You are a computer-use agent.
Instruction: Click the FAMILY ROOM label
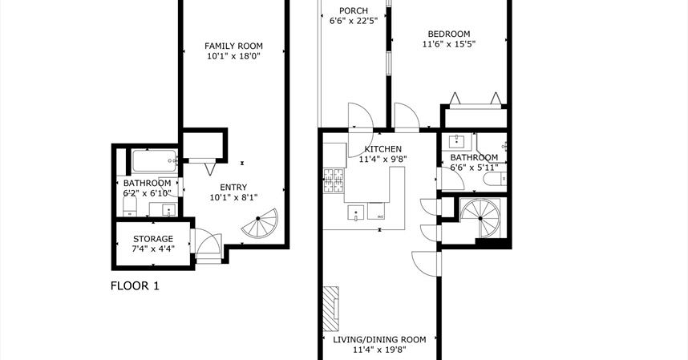(x=233, y=46)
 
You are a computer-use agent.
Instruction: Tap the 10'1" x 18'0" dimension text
(x=234, y=56)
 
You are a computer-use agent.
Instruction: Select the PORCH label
(x=354, y=10)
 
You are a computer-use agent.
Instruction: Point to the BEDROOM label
(x=449, y=34)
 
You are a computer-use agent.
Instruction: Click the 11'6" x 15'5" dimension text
(x=449, y=44)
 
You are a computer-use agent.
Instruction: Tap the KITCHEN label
(x=382, y=149)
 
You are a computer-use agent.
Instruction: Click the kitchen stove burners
(x=334, y=180)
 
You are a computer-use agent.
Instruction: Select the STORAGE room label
(x=153, y=239)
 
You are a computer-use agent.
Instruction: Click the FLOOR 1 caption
(x=135, y=286)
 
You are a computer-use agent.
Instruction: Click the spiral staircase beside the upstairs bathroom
(x=480, y=218)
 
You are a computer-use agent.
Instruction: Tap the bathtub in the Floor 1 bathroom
(x=155, y=161)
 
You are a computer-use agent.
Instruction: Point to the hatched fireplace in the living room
(x=331, y=309)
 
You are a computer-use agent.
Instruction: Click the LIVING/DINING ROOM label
(x=379, y=340)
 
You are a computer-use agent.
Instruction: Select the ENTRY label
(x=233, y=188)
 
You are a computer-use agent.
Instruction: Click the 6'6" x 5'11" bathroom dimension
(x=475, y=168)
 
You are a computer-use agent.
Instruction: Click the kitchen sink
(x=356, y=212)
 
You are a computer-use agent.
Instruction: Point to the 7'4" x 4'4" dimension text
(x=153, y=249)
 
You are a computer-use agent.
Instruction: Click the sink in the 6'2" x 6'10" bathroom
(x=169, y=210)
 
